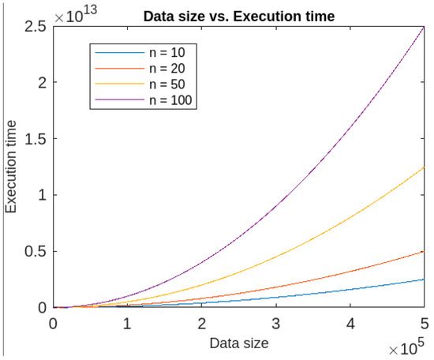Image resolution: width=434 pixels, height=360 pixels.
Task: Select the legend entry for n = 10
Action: tap(167, 53)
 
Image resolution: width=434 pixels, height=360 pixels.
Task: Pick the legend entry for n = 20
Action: tap(167, 69)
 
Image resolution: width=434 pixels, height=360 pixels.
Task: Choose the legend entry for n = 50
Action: tap(167, 84)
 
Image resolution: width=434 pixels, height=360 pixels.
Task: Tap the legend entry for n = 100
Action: tap(170, 100)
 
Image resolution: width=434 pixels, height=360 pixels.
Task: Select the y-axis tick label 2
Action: tap(42, 83)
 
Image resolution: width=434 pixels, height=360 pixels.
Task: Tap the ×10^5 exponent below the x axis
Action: tap(407, 347)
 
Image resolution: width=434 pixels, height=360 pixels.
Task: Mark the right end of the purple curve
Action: tap(424, 27)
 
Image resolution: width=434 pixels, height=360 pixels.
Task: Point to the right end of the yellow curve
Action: tap(424, 167)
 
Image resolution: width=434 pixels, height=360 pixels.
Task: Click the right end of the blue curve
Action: tap(424, 279)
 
